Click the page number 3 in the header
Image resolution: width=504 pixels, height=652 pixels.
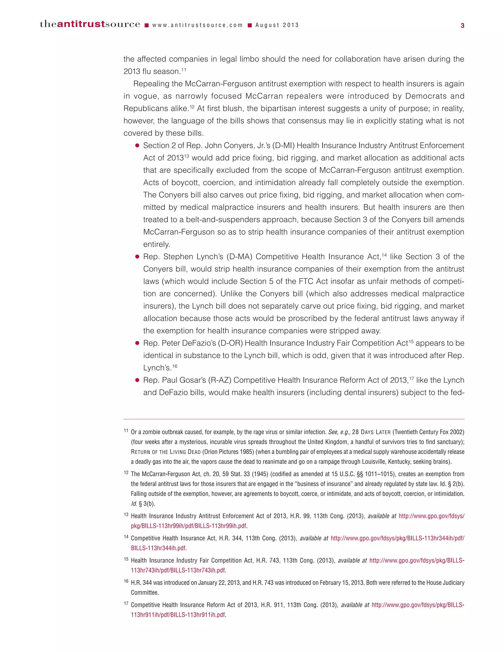pos(462,26)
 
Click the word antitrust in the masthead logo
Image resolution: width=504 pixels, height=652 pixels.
pos(81,24)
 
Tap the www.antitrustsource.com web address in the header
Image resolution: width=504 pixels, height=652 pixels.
pos(197,25)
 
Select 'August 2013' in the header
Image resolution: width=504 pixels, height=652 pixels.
pos(277,25)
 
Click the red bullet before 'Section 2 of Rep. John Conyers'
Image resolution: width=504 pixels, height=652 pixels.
pos(137,146)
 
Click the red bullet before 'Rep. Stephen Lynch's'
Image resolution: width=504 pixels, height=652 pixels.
pos(137,257)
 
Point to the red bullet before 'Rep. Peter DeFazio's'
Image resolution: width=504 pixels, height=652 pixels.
pos(137,343)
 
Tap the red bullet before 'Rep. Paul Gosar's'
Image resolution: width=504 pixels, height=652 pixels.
pos(137,380)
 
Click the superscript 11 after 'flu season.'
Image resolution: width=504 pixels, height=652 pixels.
pos(184,70)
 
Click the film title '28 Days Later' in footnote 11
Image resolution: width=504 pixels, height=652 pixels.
pos(371,432)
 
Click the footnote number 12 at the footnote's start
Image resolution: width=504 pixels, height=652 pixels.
pos(126,473)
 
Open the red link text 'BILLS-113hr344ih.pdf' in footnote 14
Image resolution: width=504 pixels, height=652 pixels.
pos(158,548)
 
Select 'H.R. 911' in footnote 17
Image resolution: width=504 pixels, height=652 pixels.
pos(272,605)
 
